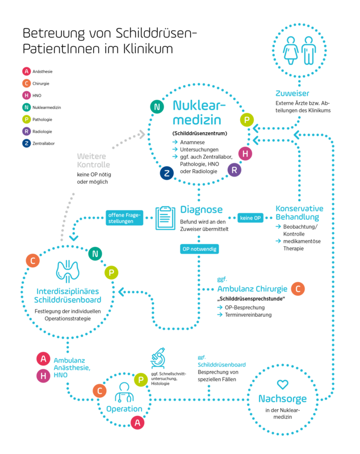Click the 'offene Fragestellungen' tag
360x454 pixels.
click(124, 218)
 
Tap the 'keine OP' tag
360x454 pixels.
click(250, 218)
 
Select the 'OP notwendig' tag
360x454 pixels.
click(199, 249)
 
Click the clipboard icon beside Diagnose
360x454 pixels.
click(165, 218)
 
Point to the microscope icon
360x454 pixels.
click(158, 358)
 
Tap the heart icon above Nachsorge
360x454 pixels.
click(283, 385)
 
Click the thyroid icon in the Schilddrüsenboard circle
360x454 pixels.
click(68, 271)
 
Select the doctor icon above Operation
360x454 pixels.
click(124, 392)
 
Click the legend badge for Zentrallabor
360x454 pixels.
click(26, 144)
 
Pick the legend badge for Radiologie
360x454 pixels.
click(26, 132)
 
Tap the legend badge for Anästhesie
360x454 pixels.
click(26, 72)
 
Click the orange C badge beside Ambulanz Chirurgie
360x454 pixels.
click(298, 289)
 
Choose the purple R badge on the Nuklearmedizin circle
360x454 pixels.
click(235, 170)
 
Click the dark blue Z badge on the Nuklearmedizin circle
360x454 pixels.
click(167, 173)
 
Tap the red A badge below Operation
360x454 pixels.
click(137, 422)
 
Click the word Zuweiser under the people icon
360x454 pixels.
click(292, 93)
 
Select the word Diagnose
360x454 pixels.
click(201, 209)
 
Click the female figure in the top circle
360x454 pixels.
click(291, 51)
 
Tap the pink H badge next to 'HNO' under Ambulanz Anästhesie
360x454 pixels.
click(43, 376)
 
